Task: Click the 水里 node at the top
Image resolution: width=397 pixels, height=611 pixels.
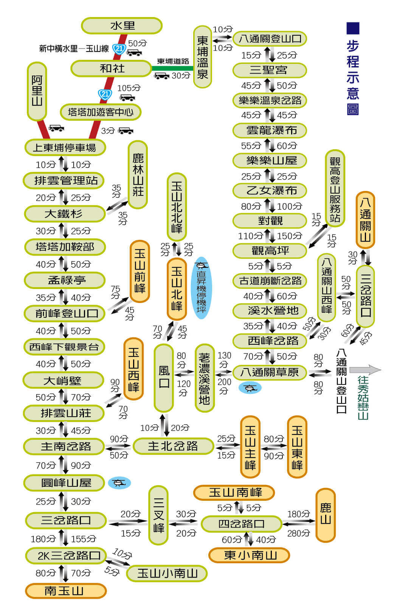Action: [122, 26]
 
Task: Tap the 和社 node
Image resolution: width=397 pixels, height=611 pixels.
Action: [111, 69]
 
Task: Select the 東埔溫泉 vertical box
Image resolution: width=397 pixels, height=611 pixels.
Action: [202, 57]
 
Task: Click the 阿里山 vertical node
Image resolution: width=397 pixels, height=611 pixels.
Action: [37, 91]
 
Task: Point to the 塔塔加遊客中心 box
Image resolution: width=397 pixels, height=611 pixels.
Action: [101, 112]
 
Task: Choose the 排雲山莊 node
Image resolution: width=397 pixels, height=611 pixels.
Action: [64, 413]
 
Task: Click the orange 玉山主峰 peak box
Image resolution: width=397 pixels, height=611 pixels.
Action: [250, 447]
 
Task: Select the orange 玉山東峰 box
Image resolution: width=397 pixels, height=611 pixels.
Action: [297, 447]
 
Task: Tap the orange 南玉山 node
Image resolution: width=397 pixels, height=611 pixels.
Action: [66, 591]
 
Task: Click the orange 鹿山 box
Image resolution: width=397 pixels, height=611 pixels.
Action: [325, 515]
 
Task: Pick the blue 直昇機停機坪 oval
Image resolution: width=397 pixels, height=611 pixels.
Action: [202, 288]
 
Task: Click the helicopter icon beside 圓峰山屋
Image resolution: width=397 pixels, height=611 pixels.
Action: [119, 483]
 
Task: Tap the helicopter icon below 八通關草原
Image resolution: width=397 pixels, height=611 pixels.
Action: [250, 388]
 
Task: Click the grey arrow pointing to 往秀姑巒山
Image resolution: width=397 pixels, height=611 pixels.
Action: [365, 370]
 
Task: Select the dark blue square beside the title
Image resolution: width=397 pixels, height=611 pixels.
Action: [353, 28]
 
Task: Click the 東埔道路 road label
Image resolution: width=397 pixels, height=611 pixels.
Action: [173, 61]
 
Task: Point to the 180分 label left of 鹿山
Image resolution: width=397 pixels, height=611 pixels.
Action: [298, 514]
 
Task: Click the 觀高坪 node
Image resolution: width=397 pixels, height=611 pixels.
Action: [270, 251]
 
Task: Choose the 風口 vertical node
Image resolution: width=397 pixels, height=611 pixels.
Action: [164, 378]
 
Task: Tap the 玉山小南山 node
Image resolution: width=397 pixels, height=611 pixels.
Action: [167, 573]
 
